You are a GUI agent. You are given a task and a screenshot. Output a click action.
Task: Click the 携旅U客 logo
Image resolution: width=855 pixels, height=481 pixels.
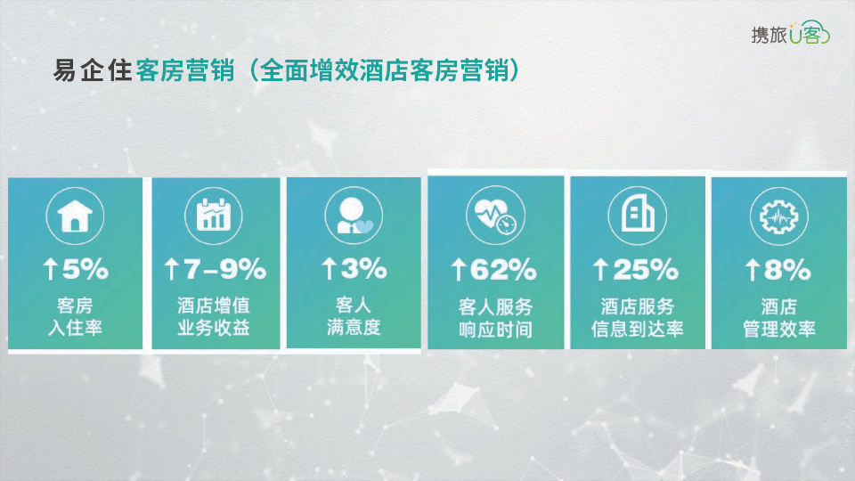click(790, 33)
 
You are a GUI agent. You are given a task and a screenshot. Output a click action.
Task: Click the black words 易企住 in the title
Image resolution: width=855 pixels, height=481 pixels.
click(92, 70)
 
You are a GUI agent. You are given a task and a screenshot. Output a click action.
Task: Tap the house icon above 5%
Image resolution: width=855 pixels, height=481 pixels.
click(75, 216)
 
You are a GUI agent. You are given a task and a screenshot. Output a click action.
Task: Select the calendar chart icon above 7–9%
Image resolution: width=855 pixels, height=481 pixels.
click(213, 216)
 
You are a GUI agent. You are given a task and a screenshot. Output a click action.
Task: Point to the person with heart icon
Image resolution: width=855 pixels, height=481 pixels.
click(354, 216)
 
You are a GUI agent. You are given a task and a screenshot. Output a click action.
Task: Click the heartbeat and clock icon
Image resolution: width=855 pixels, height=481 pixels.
click(495, 215)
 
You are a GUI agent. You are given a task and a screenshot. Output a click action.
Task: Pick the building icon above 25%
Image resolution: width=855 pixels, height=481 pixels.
click(637, 215)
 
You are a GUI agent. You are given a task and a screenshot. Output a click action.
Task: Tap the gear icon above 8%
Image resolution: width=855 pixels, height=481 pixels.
click(778, 216)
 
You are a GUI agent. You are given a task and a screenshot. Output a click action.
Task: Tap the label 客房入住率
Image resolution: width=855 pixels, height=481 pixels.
click(75, 316)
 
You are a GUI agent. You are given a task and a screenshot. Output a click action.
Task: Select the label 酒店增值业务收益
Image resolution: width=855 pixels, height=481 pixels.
click(213, 316)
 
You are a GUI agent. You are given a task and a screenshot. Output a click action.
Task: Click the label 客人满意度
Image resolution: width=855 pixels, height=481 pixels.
click(354, 316)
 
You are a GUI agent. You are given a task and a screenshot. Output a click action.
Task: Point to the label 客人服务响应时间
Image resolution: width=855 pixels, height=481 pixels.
click(495, 318)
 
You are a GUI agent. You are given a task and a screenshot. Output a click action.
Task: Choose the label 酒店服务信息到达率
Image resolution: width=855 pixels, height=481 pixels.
click(637, 318)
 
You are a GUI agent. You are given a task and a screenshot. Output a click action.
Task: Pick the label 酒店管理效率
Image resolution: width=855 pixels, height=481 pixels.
click(778, 318)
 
